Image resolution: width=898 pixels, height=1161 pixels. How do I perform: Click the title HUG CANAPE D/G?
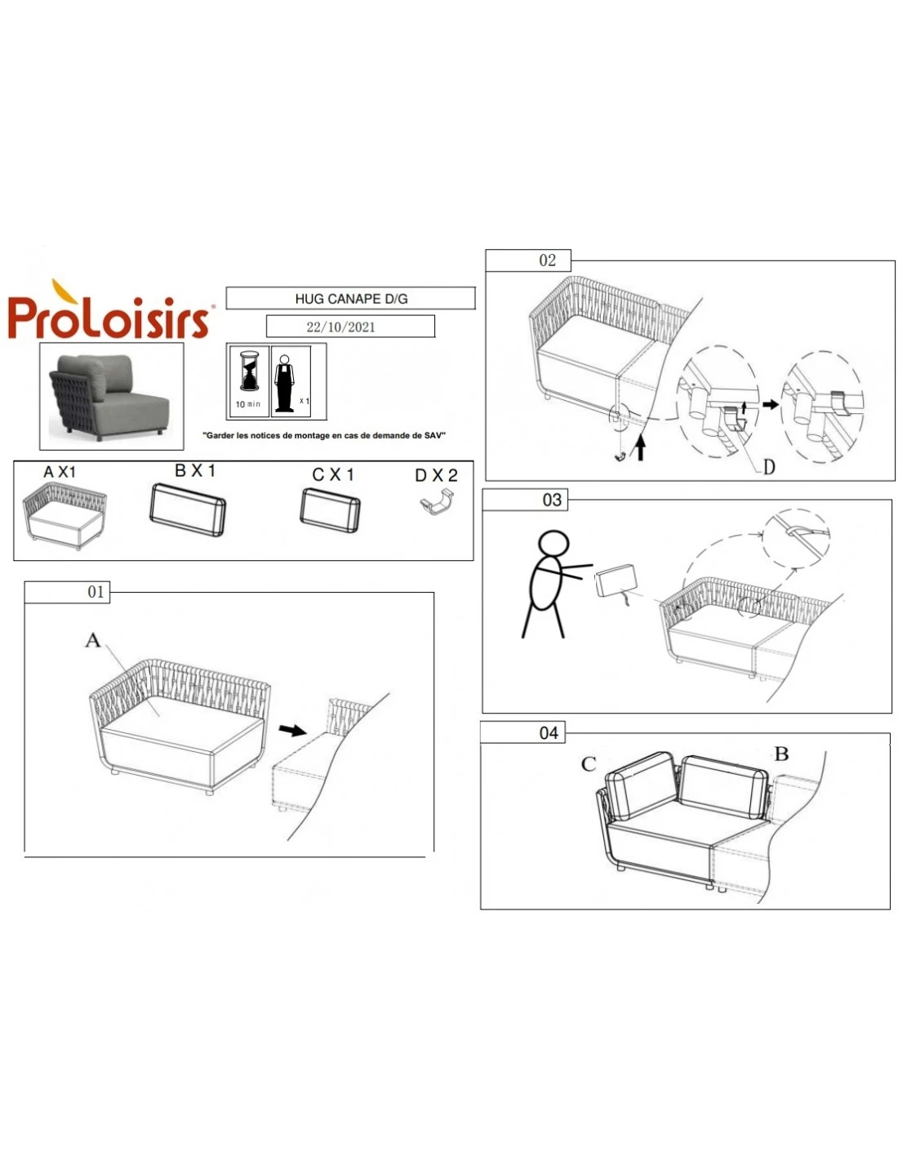point(351,299)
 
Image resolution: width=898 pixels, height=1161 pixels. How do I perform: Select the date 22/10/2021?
point(340,327)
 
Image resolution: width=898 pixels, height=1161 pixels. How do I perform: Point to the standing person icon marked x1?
point(284,383)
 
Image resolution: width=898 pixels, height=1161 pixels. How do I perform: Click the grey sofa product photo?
point(111,397)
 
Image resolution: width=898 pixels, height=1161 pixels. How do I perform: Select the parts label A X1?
point(60,472)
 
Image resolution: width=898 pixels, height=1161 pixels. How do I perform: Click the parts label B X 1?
point(195,471)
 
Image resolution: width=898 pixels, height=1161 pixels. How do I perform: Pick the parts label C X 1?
point(333,474)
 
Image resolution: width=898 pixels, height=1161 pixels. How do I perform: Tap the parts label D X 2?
point(436,475)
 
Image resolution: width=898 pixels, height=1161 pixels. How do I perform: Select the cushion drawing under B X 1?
point(187,510)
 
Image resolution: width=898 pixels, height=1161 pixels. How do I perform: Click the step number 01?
point(96,592)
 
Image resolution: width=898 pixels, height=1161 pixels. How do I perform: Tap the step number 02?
point(547,260)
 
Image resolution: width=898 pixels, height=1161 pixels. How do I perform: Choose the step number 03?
point(552,500)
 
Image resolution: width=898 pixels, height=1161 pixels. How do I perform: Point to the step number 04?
point(549,732)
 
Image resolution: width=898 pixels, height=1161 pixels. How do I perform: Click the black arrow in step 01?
point(293,730)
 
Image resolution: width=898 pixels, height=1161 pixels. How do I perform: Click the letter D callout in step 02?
point(769,468)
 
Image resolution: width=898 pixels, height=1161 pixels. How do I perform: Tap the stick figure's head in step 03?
point(553,545)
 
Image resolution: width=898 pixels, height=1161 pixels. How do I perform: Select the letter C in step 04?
point(588,764)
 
